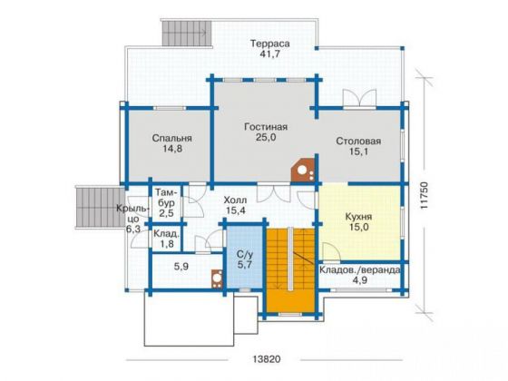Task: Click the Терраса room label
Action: point(270,44)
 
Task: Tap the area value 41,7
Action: point(270,54)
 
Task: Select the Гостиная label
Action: point(266,127)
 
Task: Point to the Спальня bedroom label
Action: point(172,138)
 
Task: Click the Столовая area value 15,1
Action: point(358,151)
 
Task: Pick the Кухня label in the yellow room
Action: point(358,217)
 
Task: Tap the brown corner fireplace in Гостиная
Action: point(303,171)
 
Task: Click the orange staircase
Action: point(290,270)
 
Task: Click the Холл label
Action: point(235,200)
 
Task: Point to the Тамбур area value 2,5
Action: point(167,214)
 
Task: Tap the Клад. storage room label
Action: point(167,234)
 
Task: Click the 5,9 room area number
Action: point(181,267)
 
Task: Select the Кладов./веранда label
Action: point(360,270)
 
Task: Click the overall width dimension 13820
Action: point(267,359)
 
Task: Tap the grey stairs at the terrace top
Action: point(187,34)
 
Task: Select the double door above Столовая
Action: point(359,98)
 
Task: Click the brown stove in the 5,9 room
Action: point(217,278)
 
